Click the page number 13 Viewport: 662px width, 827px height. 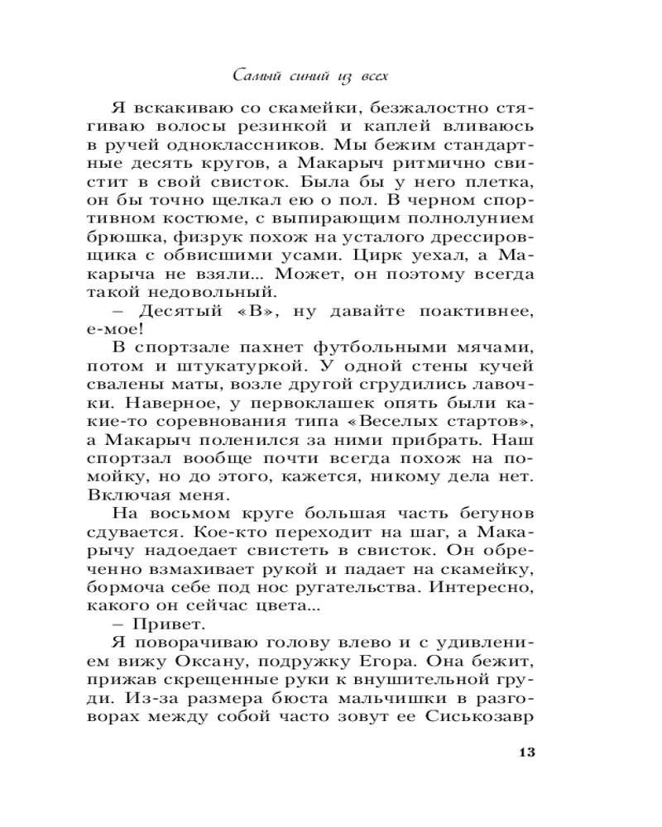point(527,752)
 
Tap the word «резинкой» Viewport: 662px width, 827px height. point(270,129)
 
